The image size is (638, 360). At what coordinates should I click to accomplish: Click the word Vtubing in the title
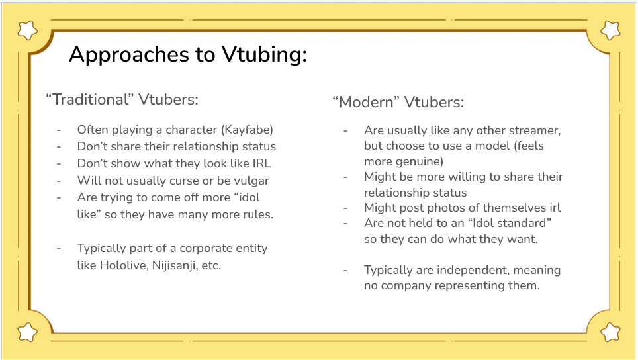(x=265, y=54)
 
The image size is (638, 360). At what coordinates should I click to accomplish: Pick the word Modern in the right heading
(x=367, y=102)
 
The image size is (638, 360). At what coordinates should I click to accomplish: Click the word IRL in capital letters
(x=261, y=163)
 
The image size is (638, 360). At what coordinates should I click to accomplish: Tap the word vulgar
(x=251, y=181)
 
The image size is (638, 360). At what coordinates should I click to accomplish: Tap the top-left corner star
(x=28, y=30)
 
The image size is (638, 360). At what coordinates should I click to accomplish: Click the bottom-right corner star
(x=610, y=332)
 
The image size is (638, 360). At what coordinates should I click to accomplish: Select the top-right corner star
(x=610, y=30)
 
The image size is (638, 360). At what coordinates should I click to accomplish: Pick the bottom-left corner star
(x=28, y=332)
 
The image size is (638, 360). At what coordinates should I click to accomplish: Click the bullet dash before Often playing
(x=59, y=130)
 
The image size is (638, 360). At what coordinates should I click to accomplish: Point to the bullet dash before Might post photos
(x=345, y=208)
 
